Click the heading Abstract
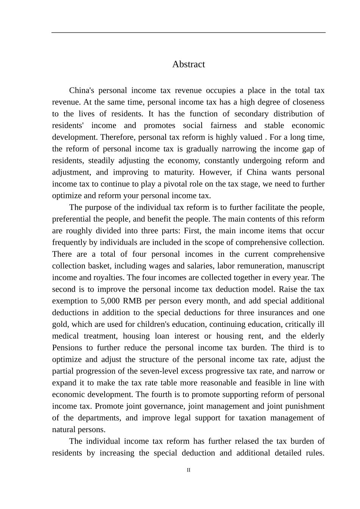[x=188, y=64]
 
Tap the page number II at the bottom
[x=188, y=470]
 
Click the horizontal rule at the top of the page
[x=188, y=33]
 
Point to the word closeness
[x=307, y=102]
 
